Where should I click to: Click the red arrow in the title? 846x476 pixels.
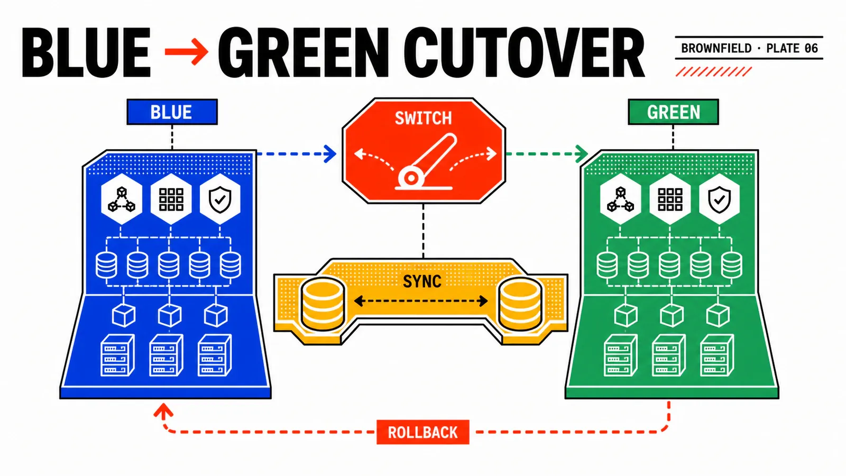point(187,51)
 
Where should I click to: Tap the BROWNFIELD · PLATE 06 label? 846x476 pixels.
point(749,48)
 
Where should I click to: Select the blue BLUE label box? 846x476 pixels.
point(172,112)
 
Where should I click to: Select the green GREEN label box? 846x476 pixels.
point(674,112)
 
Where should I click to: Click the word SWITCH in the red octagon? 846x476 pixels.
point(423,118)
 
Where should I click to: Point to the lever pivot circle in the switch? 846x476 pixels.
point(411,177)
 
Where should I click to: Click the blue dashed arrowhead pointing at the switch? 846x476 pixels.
point(330,154)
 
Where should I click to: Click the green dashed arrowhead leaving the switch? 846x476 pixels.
point(582,154)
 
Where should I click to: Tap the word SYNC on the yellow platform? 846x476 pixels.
point(422,281)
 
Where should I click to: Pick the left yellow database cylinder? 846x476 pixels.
point(323,304)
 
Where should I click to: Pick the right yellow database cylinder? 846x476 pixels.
point(520,304)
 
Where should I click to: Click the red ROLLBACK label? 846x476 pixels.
point(422,432)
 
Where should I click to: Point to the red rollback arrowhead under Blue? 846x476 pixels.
point(163,410)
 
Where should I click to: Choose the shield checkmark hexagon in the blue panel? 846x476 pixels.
point(220,199)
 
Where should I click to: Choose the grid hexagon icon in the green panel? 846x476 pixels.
point(670,199)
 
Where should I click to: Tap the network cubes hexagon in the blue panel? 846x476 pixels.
point(122,199)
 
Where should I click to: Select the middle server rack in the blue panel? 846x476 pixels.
point(166,355)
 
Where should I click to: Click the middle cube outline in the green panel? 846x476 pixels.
point(672,315)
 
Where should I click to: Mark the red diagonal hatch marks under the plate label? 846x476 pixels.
point(713,71)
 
